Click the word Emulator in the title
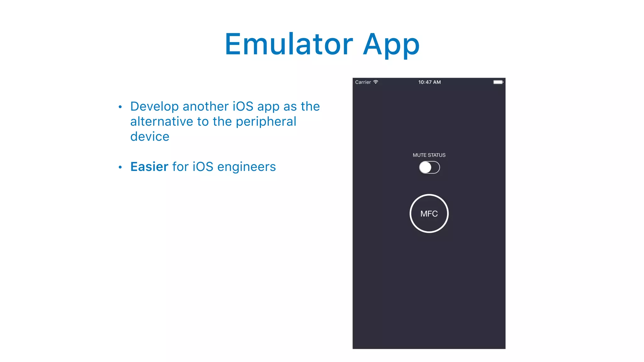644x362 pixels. pos(289,44)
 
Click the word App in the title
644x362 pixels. pos(391,45)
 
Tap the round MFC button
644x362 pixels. pos(429,214)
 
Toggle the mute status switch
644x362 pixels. pos(429,167)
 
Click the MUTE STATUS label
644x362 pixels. pos(429,155)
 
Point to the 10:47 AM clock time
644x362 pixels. pos(429,82)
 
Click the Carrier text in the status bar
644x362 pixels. pos(363,82)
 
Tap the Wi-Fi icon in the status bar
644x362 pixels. pos(376,82)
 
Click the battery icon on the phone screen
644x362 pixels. pos(498,82)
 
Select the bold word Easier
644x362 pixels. pos(149,167)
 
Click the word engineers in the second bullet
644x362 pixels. pos(247,167)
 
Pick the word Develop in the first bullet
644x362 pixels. pos(154,107)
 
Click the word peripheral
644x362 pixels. pos(266,122)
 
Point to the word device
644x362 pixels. pos(150,137)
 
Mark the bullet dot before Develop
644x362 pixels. pos(120,107)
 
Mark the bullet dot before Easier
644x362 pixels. pos(120,167)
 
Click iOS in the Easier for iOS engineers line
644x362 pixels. pos(203,167)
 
